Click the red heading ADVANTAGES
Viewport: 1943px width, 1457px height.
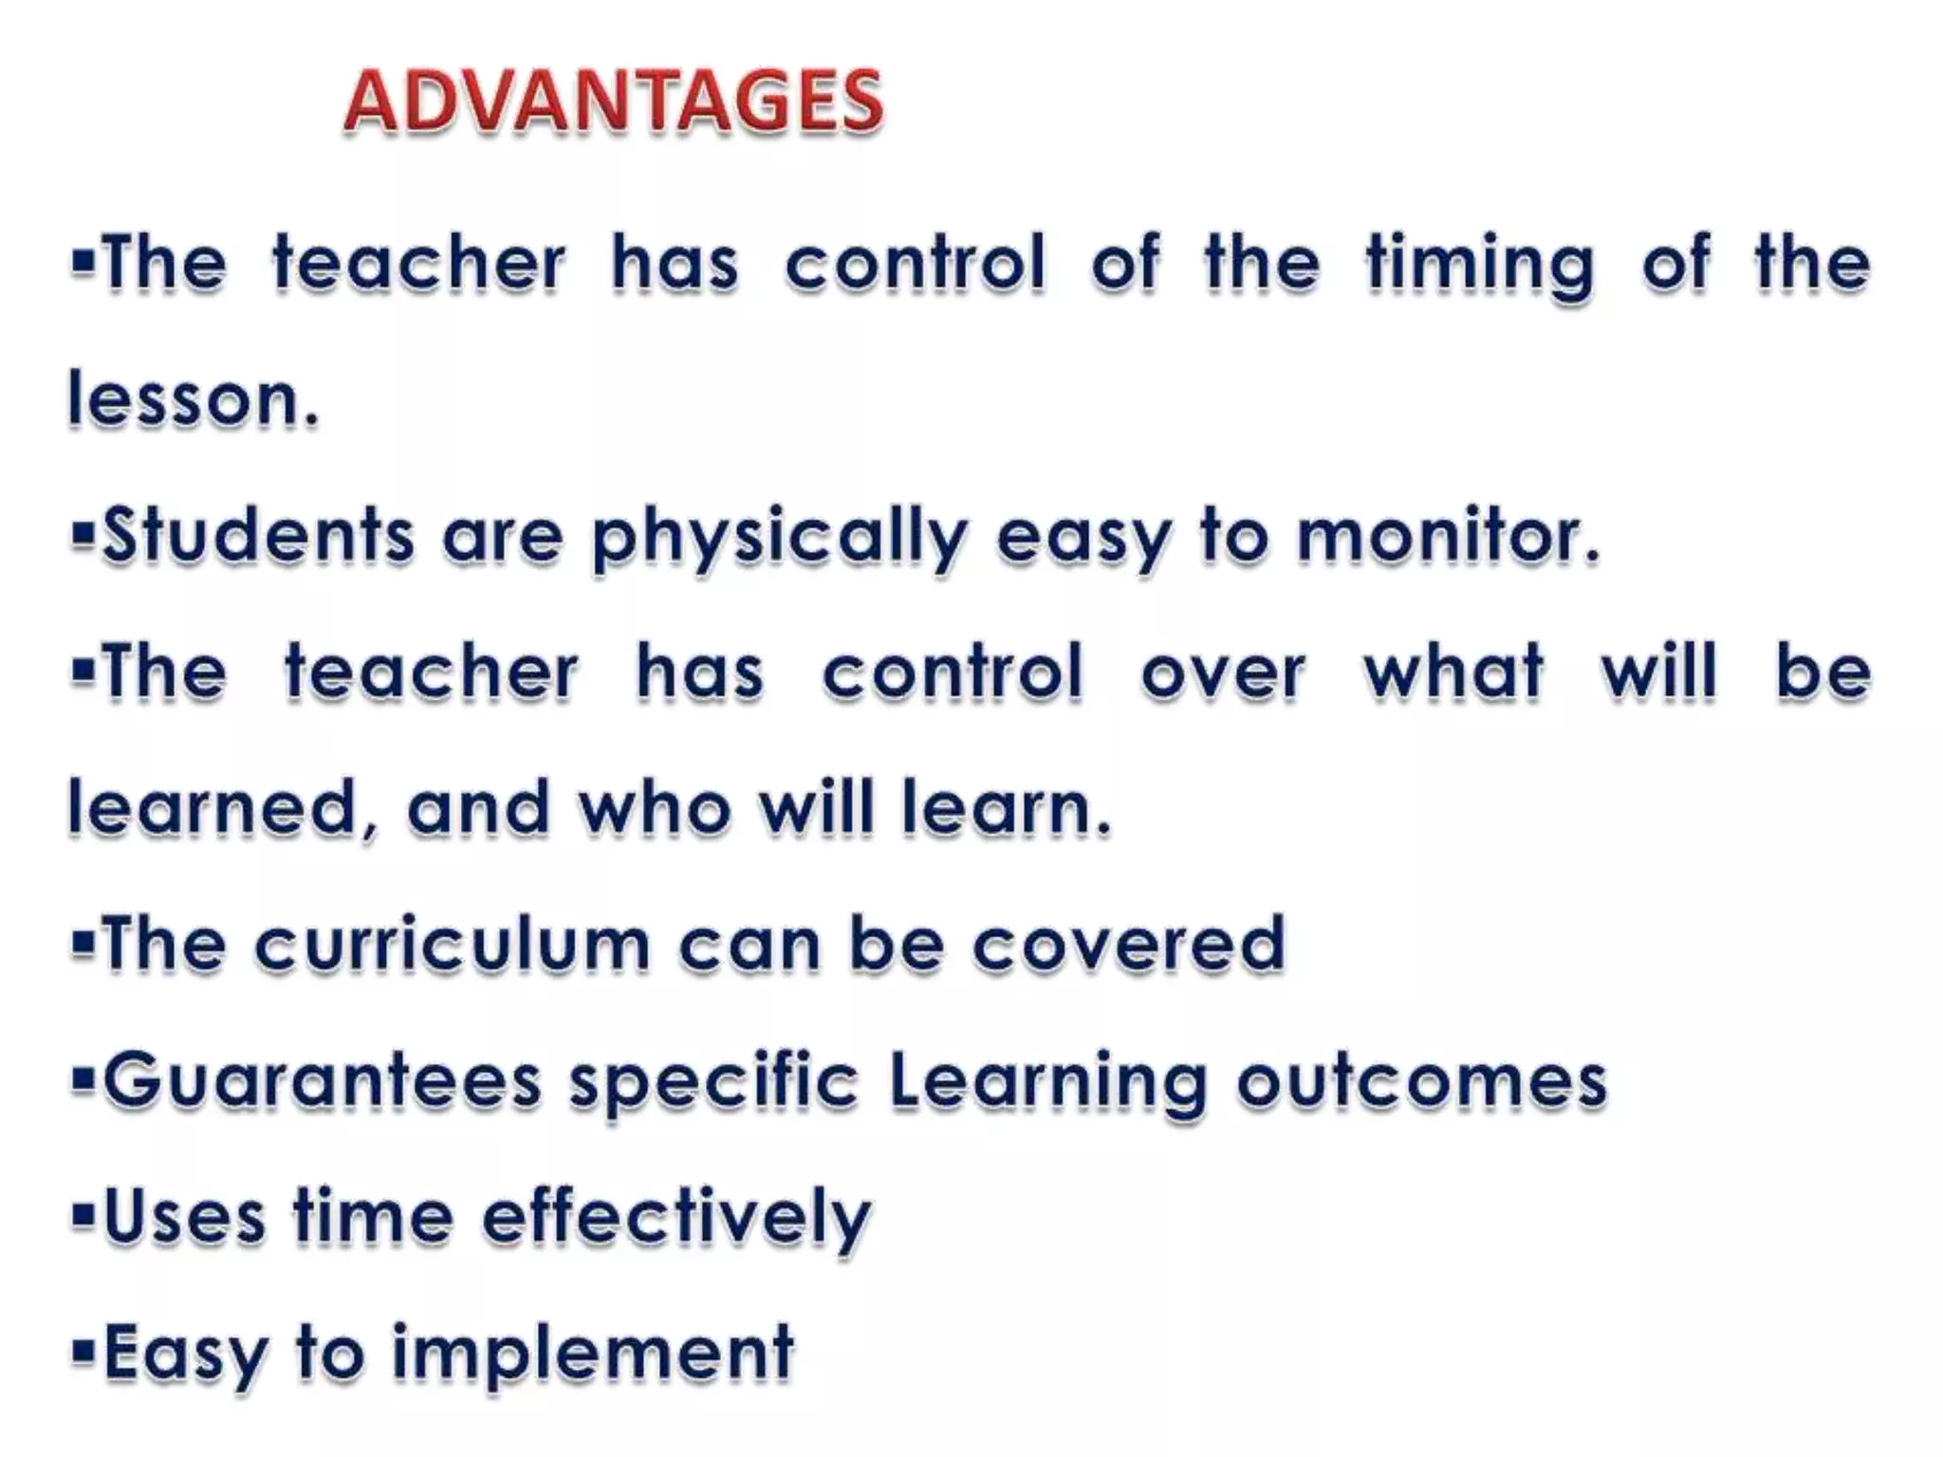pyautogui.click(x=613, y=101)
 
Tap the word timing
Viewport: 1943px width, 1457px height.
pyautogui.click(x=1480, y=265)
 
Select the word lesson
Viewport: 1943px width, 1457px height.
pyautogui.click(x=194, y=399)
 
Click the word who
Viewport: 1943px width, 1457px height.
pyautogui.click(x=656, y=809)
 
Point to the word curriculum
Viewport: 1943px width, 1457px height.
pyautogui.click(x=453, y=945)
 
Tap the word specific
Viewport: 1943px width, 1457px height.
pyautogui.click(x=713, y=1083)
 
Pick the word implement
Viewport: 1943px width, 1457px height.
pyautogui.click(x=593, y=1355)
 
